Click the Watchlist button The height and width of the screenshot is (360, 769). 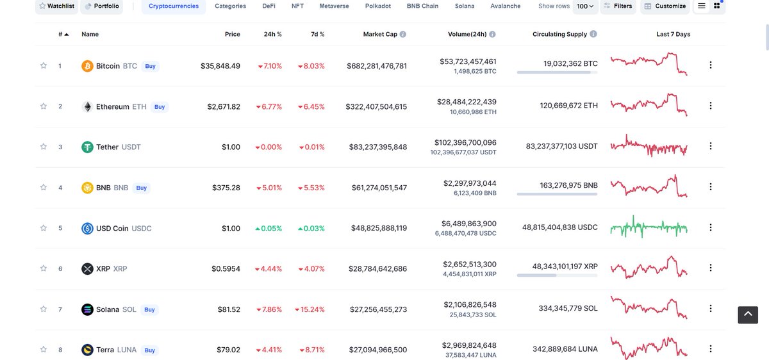pyautogui.click(x=56, y=6)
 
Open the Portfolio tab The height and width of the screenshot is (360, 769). pyautogui.click(x=102, y=6)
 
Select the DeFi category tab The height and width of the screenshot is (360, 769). pyautogui.click(x=269, y=6)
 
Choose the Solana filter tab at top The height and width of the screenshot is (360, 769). pyautogui.click(x=465, y=6)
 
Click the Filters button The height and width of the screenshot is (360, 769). pyautogui.click(x=618, y=6)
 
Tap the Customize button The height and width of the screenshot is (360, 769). pyautogui.click(x=665, y=6)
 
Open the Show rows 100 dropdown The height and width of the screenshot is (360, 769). pyautogui.click(x=584, y=6)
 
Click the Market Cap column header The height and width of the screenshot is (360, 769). pyautogui.click(x=380, y=35)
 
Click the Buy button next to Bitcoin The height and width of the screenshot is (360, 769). pyautogui.click(x=150, y=66)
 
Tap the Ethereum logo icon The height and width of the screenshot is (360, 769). pyautogui.click(x=87, y=106)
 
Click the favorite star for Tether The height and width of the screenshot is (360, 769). pyautogui.click(x=44, y=147)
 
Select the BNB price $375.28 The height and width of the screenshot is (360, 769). pyautogui.click(x=226, y=188)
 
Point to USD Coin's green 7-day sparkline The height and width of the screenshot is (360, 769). pyautogui.click(x=649, y=227)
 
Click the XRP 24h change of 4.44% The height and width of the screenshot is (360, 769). pyautogui.click(x=269, y=269)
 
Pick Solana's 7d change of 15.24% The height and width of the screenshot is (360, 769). pyautogui.click(x=310, y=309)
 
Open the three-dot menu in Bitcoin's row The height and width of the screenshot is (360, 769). pyautogui.click(x=710, y=65)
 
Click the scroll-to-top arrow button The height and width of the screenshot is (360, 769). pyautogui.click(x=747, y=315)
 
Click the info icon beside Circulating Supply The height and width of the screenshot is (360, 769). pyautogui.click(x=593, y=35)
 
